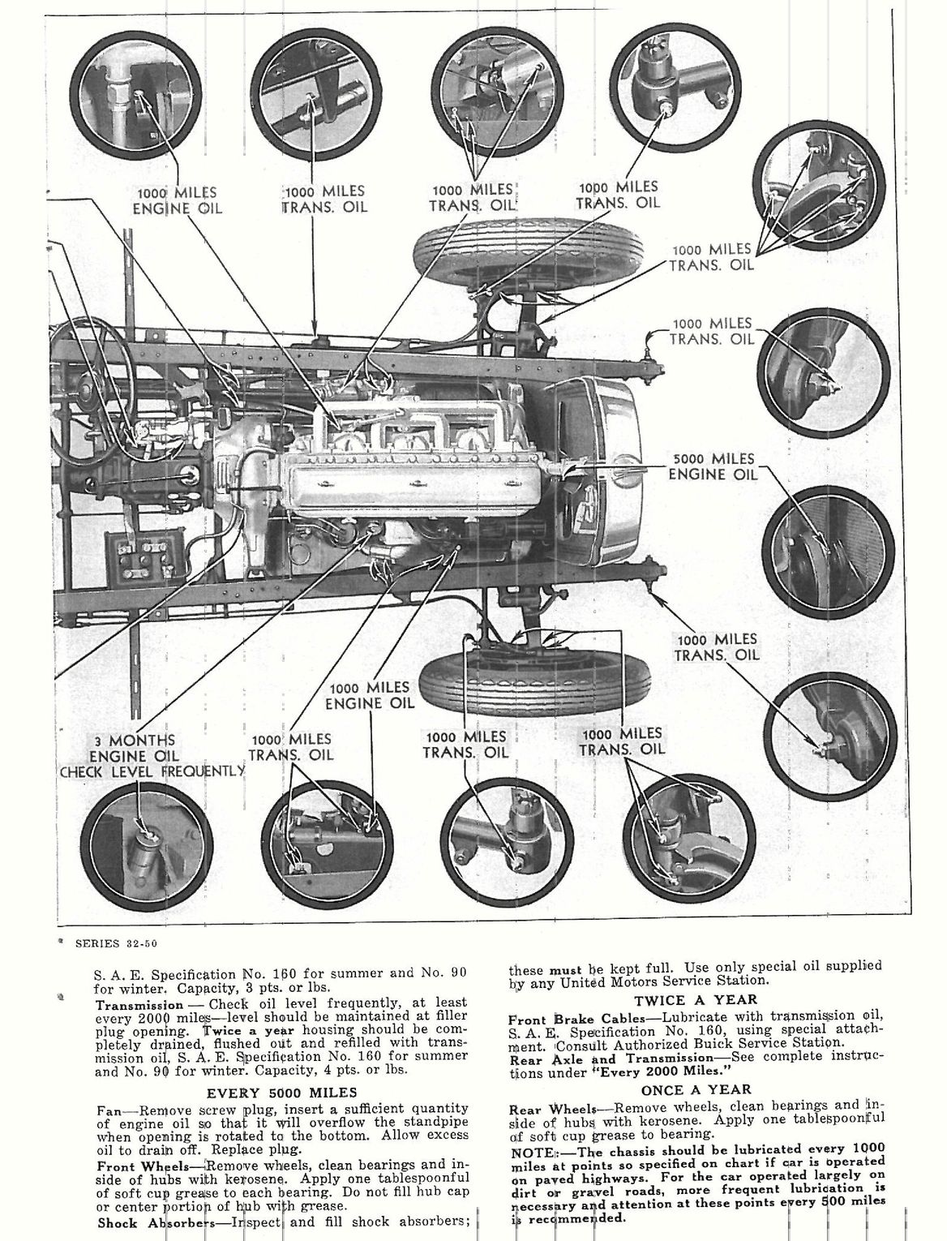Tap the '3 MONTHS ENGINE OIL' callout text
pos(134,749)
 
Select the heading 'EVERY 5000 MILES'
pos(281,1092)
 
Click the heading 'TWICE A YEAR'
pos(696,1000)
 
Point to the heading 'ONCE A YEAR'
pos(696,1089)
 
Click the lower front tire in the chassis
pos(485,681)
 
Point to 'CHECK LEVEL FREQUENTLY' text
pos(152,771)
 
